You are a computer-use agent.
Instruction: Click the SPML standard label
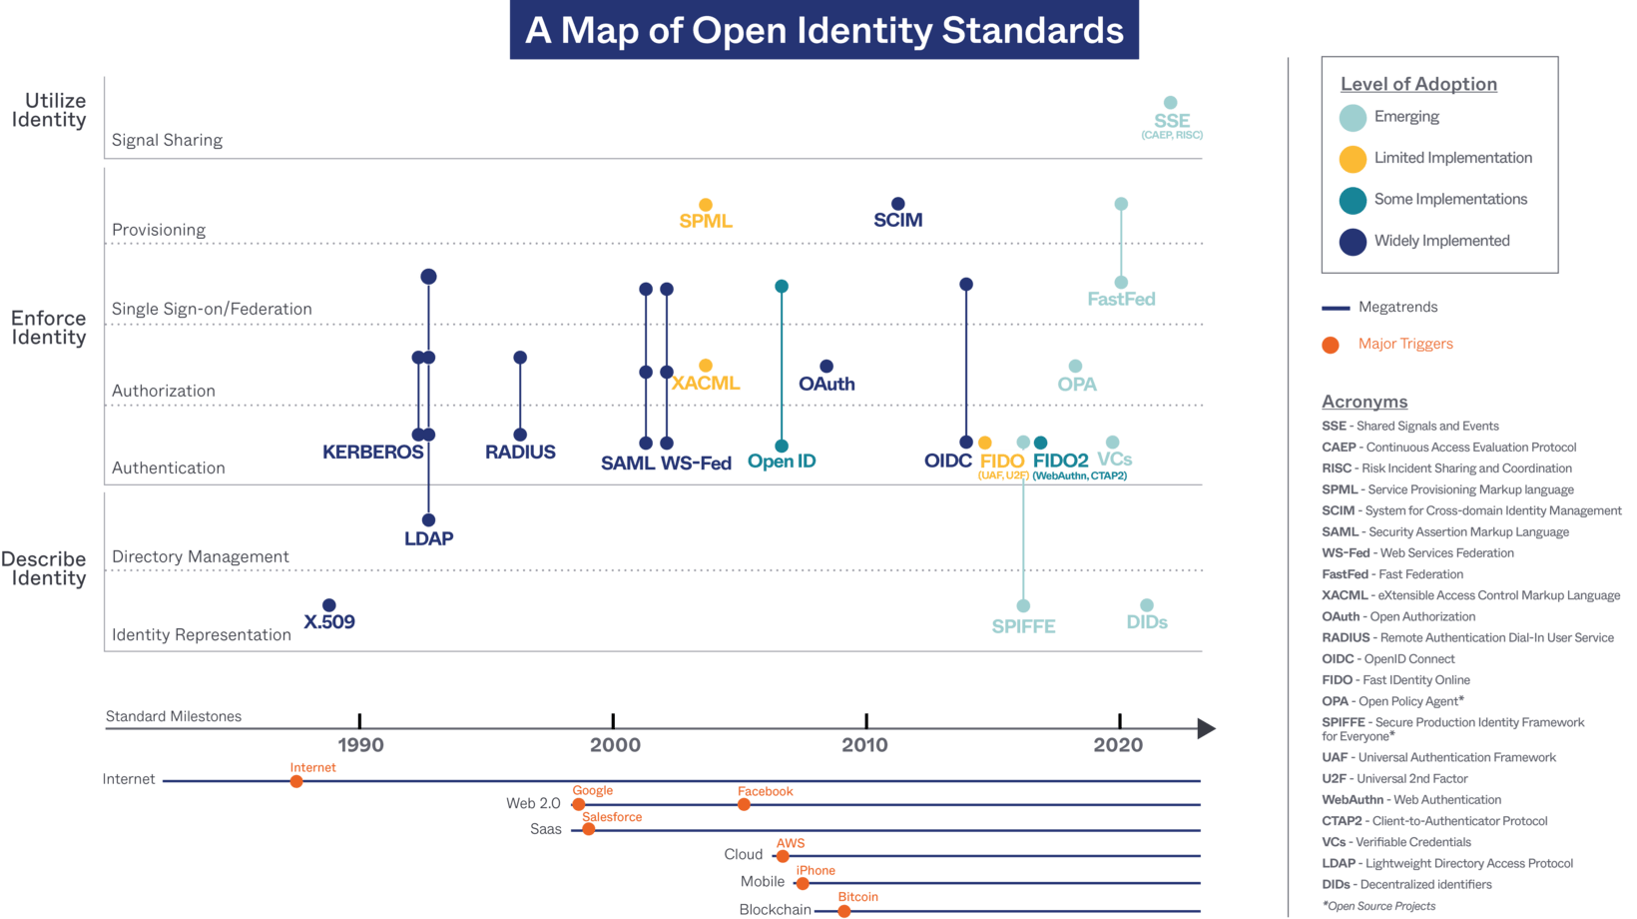[x=706, y=221]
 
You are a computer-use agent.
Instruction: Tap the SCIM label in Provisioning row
[x=897, y=220]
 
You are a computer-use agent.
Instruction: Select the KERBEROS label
[x=372, y=453]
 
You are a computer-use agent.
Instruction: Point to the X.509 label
[x=329, y=622]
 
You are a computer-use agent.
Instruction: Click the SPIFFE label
[x=1023, y=626]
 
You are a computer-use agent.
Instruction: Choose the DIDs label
[x=1147, y=622]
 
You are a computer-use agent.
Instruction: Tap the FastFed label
[x=1121, y=299]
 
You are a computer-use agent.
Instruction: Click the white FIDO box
[x=1002, y=462]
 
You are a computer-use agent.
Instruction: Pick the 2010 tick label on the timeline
[x=864, y=745]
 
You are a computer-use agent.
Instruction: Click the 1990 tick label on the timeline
[x=360, y=745]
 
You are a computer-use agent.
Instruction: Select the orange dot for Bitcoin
[x=844, y=911]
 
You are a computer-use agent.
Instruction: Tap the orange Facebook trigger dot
[x=744, y=804]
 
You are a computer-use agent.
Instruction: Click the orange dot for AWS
[x=783, y=856]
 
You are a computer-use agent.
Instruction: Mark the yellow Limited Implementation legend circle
[x=1353, y=159]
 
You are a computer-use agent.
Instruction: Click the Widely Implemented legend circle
[x=1353, y=242]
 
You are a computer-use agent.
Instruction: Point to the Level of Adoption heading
[x=1418, y=85]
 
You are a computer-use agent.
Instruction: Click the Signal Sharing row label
[x=167, y=141]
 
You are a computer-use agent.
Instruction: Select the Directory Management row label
[x=200, y=557]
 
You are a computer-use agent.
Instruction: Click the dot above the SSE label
[x=1171, y=103]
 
